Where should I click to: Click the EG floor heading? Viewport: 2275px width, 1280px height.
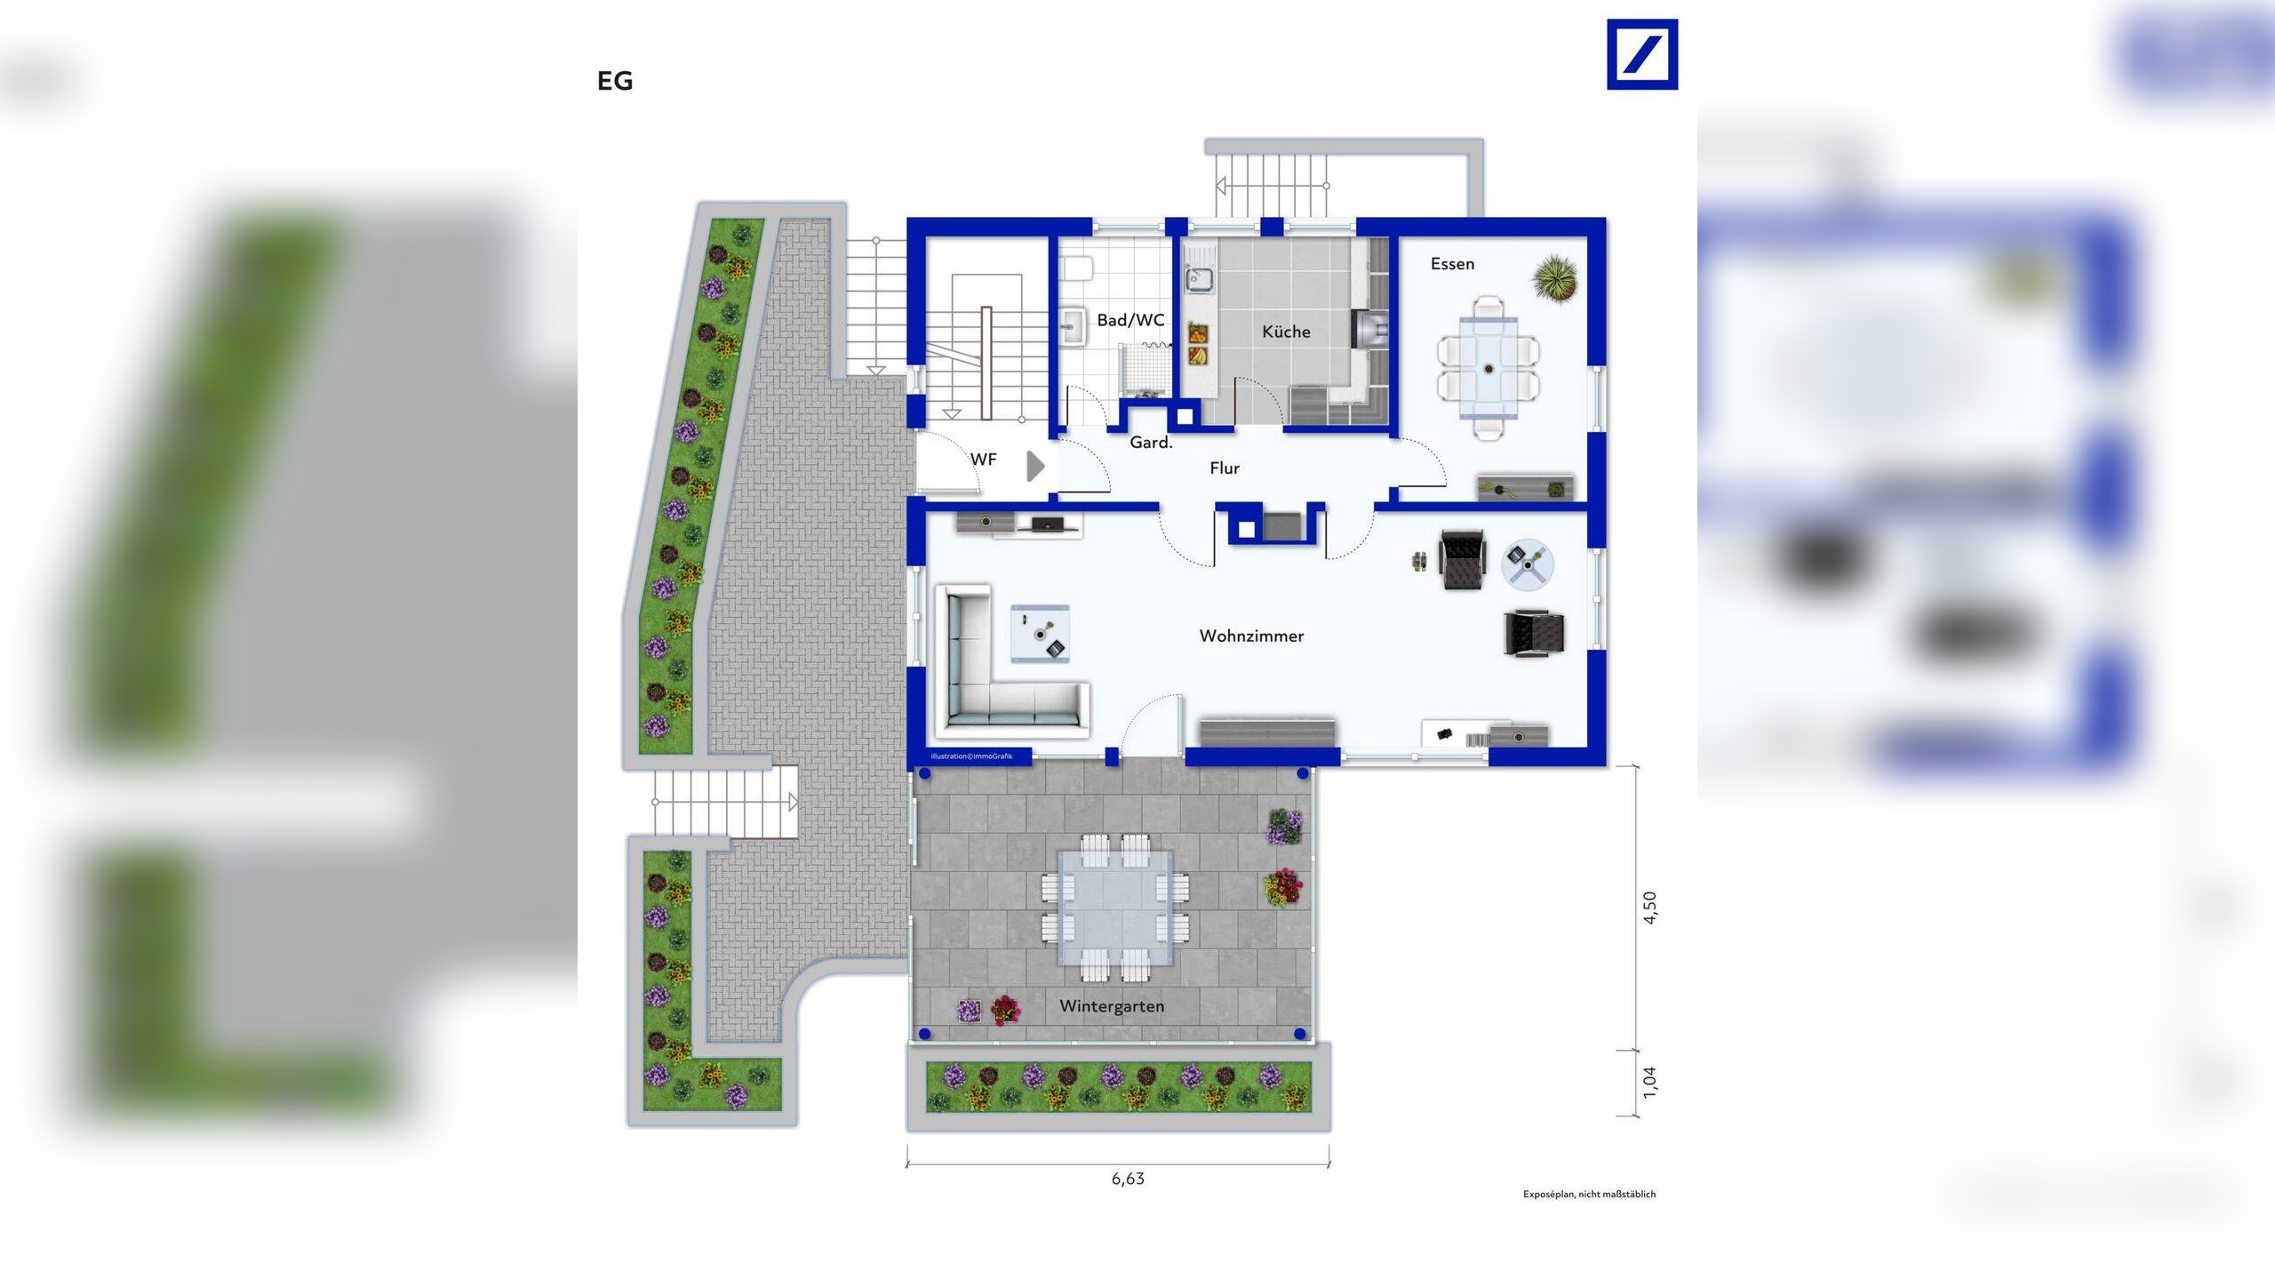[x=615, y=81]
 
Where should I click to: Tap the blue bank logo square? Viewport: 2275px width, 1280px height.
[x=1642, y=54]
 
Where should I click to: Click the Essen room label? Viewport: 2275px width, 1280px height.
[x=1452, y=264]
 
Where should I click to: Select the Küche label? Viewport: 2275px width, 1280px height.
[x=1286, y=332]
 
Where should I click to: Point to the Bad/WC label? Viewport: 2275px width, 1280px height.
[x=1130, y=320]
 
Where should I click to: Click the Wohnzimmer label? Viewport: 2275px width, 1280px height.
[x=1251, y=636]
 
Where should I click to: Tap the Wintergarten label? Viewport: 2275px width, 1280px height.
[x=1112, y=1006]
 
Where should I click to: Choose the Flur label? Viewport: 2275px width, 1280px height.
[x=1225, y=468]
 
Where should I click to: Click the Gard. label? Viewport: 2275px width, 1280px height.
[x=1151, y=442]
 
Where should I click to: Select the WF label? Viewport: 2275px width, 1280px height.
[x=983, y=460]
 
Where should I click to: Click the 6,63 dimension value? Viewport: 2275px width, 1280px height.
[x=1128, y=1179]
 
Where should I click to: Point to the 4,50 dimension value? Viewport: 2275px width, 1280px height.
[x=1649, y=908]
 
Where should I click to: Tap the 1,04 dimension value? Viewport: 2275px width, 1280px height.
[x=1649, y=1082]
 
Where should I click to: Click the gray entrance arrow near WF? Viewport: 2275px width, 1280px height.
[x=1035, y=466]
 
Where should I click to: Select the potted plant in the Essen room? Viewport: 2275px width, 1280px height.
[x=1555, y=277]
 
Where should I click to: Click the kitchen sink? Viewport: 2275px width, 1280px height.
[x=1199, y=280]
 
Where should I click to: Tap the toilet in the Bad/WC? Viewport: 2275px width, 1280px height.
[x=1078, y=268]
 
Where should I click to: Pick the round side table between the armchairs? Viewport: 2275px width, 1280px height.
[x=1528, y=564]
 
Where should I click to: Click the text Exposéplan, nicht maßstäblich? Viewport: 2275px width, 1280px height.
[x=1589, y=1194]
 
